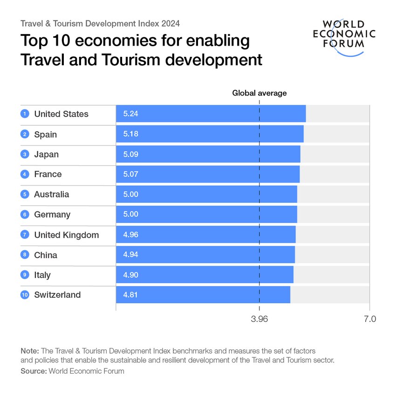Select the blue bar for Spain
point(210,134)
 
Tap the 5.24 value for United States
point(131,114)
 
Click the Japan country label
point(46,154)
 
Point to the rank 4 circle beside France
point(25,174)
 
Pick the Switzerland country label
point(57,294)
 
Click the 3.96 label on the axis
point(259,319)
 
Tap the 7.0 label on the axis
point(369,319)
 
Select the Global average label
point(259,93)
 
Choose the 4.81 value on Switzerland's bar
point(131,295)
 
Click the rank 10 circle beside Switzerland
point(25,295)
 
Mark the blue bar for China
point(205,255)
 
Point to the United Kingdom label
point(66,235)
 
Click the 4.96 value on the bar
point(131,235)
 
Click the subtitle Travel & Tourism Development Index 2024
point(100,23)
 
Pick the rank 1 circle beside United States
point(25,114)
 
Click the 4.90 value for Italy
point(131,275)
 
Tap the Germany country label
point(52,214)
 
